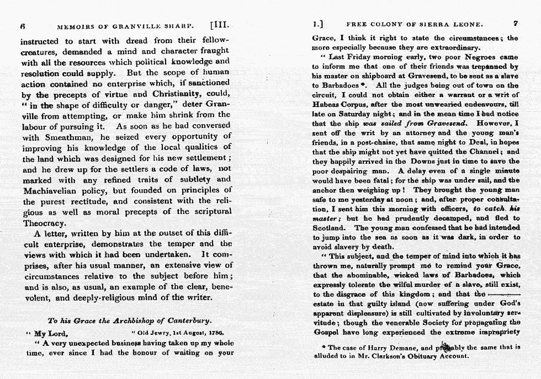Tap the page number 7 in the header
pyautogui.click(x=515, y=24)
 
